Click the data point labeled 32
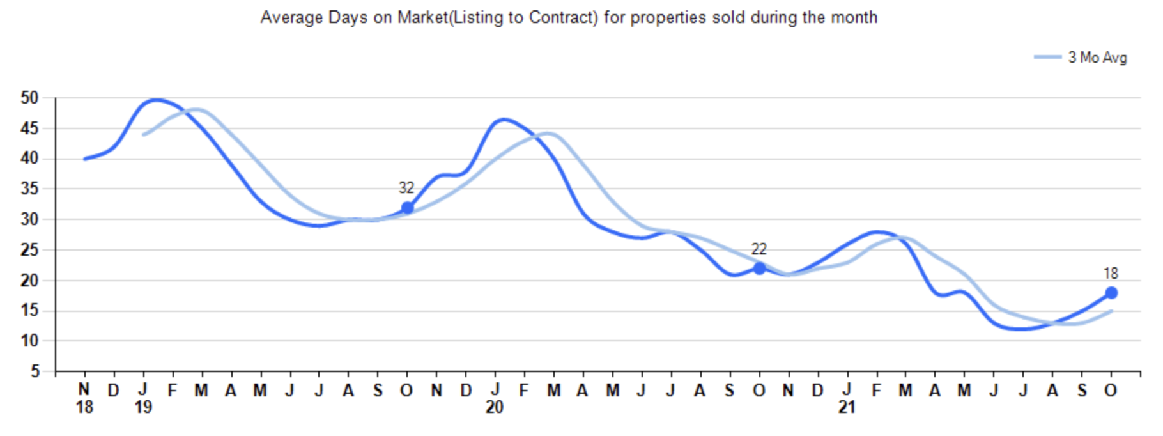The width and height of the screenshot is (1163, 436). pos(407,208)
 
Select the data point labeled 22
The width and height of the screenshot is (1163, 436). pos(759,269)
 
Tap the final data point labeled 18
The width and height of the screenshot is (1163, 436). pos(1111,293)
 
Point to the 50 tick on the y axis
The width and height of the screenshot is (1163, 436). pos(30,98)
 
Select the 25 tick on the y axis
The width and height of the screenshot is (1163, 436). pos(30,250)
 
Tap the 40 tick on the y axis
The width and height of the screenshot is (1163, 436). pos(30,159)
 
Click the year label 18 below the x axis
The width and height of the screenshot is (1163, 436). pos(84,407)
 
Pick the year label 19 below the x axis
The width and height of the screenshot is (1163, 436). pos(143,407)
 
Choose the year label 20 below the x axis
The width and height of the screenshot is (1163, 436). pos(495,407)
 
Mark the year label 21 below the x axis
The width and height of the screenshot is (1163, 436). pos(847,407)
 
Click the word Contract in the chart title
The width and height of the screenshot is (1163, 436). pos(563,17)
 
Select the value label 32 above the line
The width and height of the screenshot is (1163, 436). pos(406,188)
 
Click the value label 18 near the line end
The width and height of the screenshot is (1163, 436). pos(1111,274)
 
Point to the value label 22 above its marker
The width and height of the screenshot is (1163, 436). pos(759,249)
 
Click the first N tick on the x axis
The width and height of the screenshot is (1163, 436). pos(84,389)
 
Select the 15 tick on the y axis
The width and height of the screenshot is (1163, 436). pos(30,311)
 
